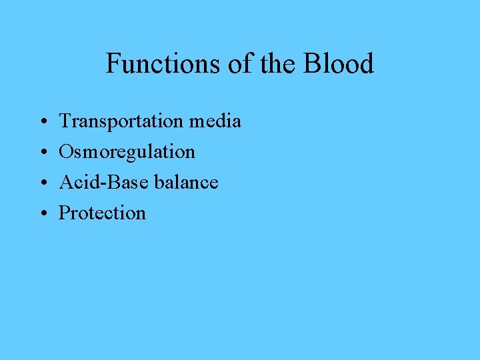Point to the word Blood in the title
338,64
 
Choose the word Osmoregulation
127,152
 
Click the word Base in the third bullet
118,182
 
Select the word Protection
102,213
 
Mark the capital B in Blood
312,64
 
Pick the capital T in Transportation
65,121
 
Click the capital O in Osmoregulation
66,152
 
